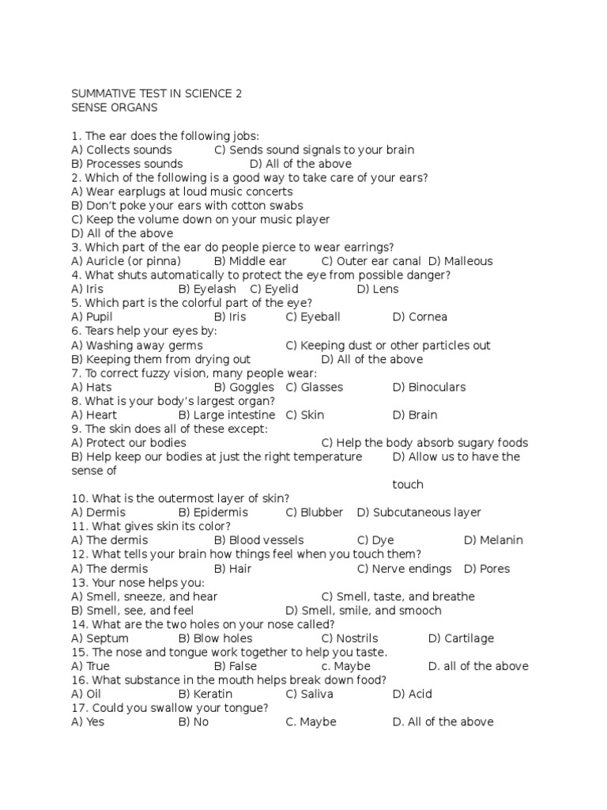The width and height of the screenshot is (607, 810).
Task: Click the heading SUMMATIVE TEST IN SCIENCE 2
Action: pyautogui.click(x=156, y=93)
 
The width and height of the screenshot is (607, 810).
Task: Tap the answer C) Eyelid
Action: pyautogui.click(x=274, y=289)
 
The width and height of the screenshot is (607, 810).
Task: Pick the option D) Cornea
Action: pyautogui.click(x=420, y=316)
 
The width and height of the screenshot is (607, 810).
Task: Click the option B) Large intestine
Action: pyautogui.click(x=227, y=414)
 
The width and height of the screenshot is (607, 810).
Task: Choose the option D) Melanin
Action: pyautogui.click(x=493, y=540)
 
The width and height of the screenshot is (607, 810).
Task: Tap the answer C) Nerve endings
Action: pyautogui.click(x=404, y=569)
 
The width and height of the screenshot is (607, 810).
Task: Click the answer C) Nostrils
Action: pyautogui.click(x=349, y=638)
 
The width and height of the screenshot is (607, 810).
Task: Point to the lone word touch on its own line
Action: pyautogui.click(x=408, y=484)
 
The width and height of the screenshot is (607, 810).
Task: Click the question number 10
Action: pyautogui.click(x=78, y=498)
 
